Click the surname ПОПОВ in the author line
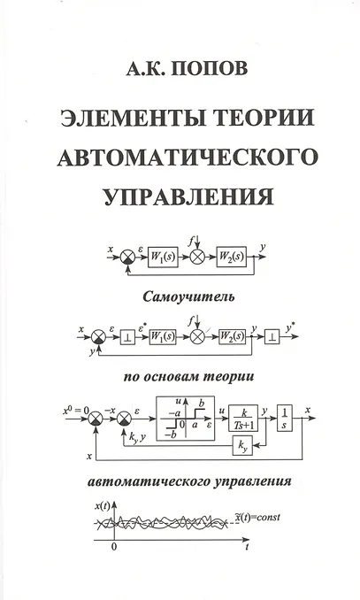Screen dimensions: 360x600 [210, 68]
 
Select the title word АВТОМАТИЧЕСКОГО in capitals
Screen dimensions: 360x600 [188, 157]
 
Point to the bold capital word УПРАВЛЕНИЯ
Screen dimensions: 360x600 [188, 196]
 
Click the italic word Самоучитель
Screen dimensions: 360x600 [188, 297]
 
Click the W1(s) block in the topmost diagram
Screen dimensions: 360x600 [163, 258]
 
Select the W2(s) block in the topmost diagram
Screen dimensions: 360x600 [232, 258]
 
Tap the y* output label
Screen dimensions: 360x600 [290, 327]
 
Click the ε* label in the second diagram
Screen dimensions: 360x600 [142, 327]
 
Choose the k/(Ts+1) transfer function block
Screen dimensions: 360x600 [243, 419]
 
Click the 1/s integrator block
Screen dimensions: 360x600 [285, 419]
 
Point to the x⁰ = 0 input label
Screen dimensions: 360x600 [75, 411]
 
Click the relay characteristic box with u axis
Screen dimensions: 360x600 [185, 419]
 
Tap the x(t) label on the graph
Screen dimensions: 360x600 [102, 506]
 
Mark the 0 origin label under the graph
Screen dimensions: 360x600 [113, 547]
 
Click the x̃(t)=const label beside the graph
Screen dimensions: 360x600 [257, 518]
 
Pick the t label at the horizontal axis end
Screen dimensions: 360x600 [247, 547]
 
